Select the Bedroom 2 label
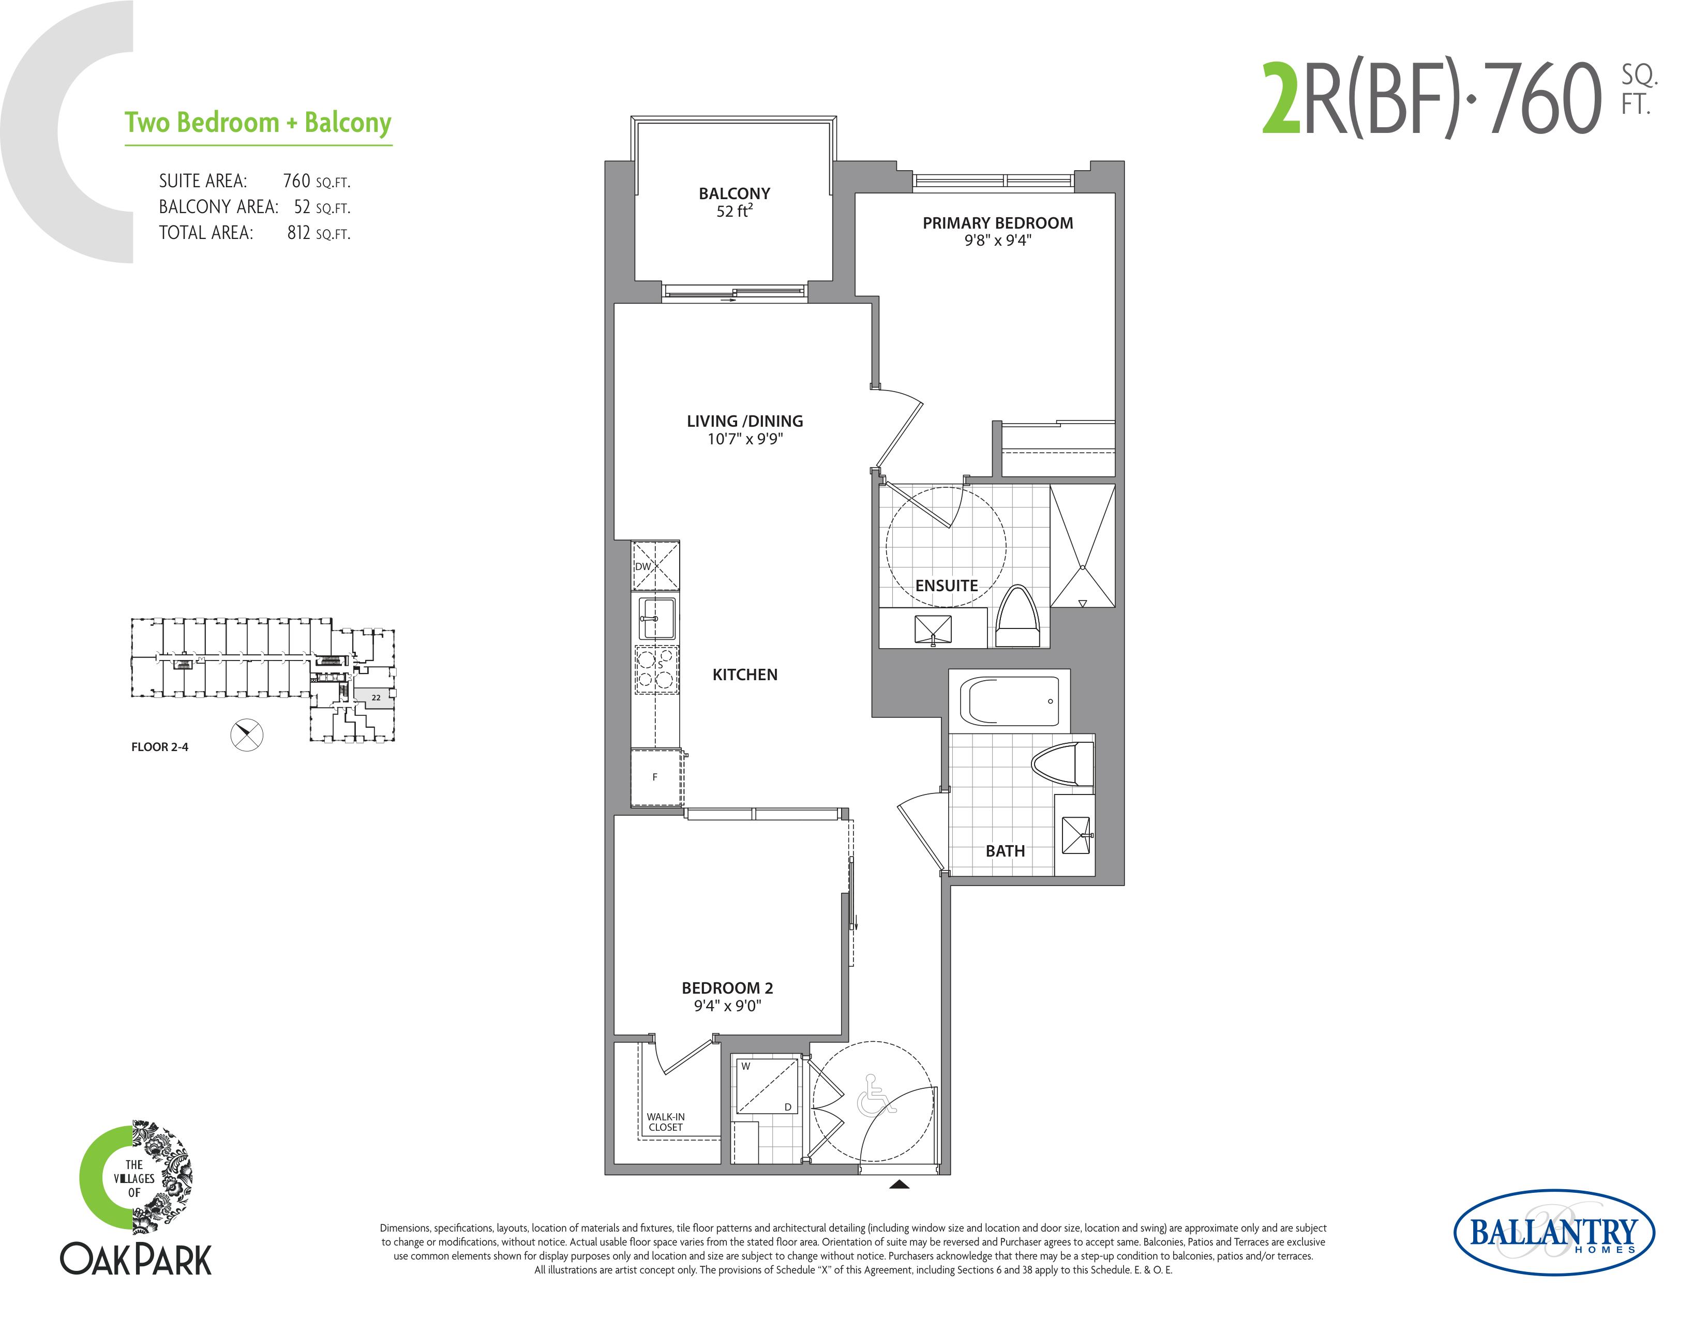click(728, 996)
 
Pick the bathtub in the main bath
click(1010, 701)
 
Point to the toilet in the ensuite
click(1017, 617)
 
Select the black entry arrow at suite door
click(900, 1185)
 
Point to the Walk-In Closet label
click(665, 1122)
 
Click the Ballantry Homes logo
click(1554, 1233)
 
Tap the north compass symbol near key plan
click(247, 735)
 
